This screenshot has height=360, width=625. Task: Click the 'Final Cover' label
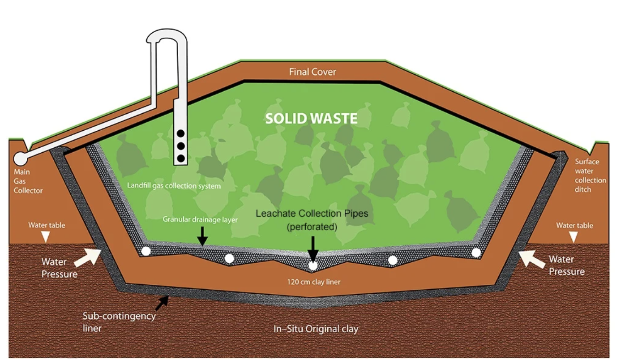point(312,72)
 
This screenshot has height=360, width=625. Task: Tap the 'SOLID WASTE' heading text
point(311,119)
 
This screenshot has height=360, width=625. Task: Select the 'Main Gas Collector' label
point(28,181)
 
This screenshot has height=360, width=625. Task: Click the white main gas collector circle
point(20,158)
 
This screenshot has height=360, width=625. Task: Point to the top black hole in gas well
point(181,133)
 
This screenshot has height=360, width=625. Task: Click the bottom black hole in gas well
point(181,158)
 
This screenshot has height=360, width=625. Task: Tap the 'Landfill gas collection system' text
point(174,185)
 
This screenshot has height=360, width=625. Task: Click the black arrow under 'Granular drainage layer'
point(202,236)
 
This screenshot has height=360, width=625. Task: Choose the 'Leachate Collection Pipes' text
point(312,214)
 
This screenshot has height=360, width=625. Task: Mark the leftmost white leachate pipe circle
point(146,251)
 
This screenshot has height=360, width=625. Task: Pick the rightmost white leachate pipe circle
point(476,253)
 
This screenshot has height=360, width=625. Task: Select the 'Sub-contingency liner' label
point(119,321)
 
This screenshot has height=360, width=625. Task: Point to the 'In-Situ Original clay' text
point(316,329)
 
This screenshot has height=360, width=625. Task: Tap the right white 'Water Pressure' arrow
point(527,258)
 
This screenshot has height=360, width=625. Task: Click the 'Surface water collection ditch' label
point(590,176)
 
